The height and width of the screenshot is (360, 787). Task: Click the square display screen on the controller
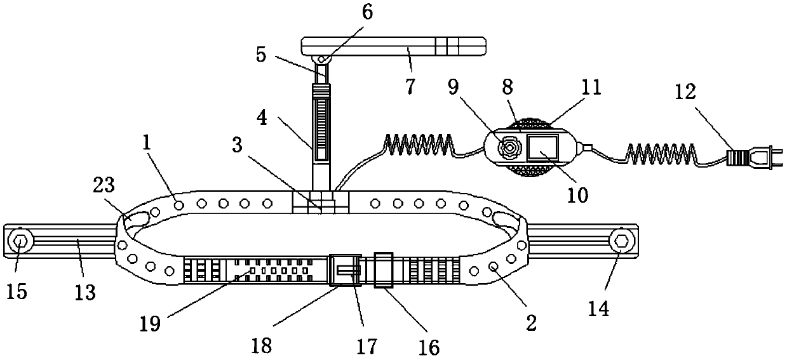[542, 149]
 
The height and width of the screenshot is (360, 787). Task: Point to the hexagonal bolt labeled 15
[20, 242]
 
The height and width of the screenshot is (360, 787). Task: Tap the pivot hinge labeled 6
[322, 59]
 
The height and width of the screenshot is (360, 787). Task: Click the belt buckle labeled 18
[344, 272]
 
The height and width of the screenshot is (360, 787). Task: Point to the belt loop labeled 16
[384, 270]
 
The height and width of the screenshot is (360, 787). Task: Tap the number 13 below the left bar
[84, 292]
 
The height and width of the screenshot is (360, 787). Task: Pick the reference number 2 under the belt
[531, 323]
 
